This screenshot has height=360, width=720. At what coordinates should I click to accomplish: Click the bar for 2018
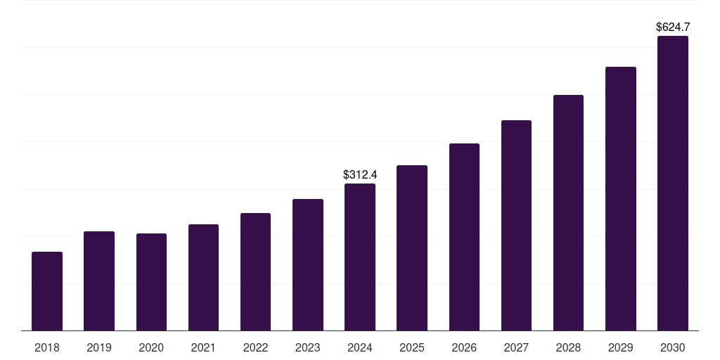[x=47, y=291]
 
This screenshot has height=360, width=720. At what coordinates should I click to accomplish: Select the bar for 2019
[x=99, y=281]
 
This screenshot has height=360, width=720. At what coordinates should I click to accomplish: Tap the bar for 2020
[x=151, y=282]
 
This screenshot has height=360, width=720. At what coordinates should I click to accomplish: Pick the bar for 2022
[x=255, y=272]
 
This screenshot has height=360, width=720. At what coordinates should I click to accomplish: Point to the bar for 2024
[x=360, y=257]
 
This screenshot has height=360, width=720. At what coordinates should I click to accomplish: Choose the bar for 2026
[x=464, y=237]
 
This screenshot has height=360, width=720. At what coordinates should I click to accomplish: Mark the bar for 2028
[x=568, y=213]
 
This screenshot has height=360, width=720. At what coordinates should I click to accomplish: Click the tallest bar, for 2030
[x=673, y=184]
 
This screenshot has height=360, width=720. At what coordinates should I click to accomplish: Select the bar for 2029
[x=621, y=199]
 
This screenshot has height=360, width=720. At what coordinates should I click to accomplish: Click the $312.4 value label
[x=360, y=174]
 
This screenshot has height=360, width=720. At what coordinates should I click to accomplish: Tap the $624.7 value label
[x=673, y=27]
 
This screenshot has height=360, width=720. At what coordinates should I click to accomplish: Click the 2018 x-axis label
[x=47, y=347]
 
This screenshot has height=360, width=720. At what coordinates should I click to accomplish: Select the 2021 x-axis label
[x=203, y=347]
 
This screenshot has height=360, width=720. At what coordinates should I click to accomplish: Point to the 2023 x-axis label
[x=308, y=347]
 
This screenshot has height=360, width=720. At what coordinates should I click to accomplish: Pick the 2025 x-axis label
[x=412, y=347]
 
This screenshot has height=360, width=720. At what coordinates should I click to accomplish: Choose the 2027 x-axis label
[x=516, y=347]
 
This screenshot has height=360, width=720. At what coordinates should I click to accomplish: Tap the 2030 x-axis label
[x=673, y=347]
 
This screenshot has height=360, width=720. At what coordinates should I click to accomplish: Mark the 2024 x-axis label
[x=360, y=347]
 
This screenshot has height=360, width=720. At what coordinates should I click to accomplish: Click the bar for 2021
[x=203, y=278]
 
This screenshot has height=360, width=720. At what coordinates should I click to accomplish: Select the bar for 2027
[x=516, y=226]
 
